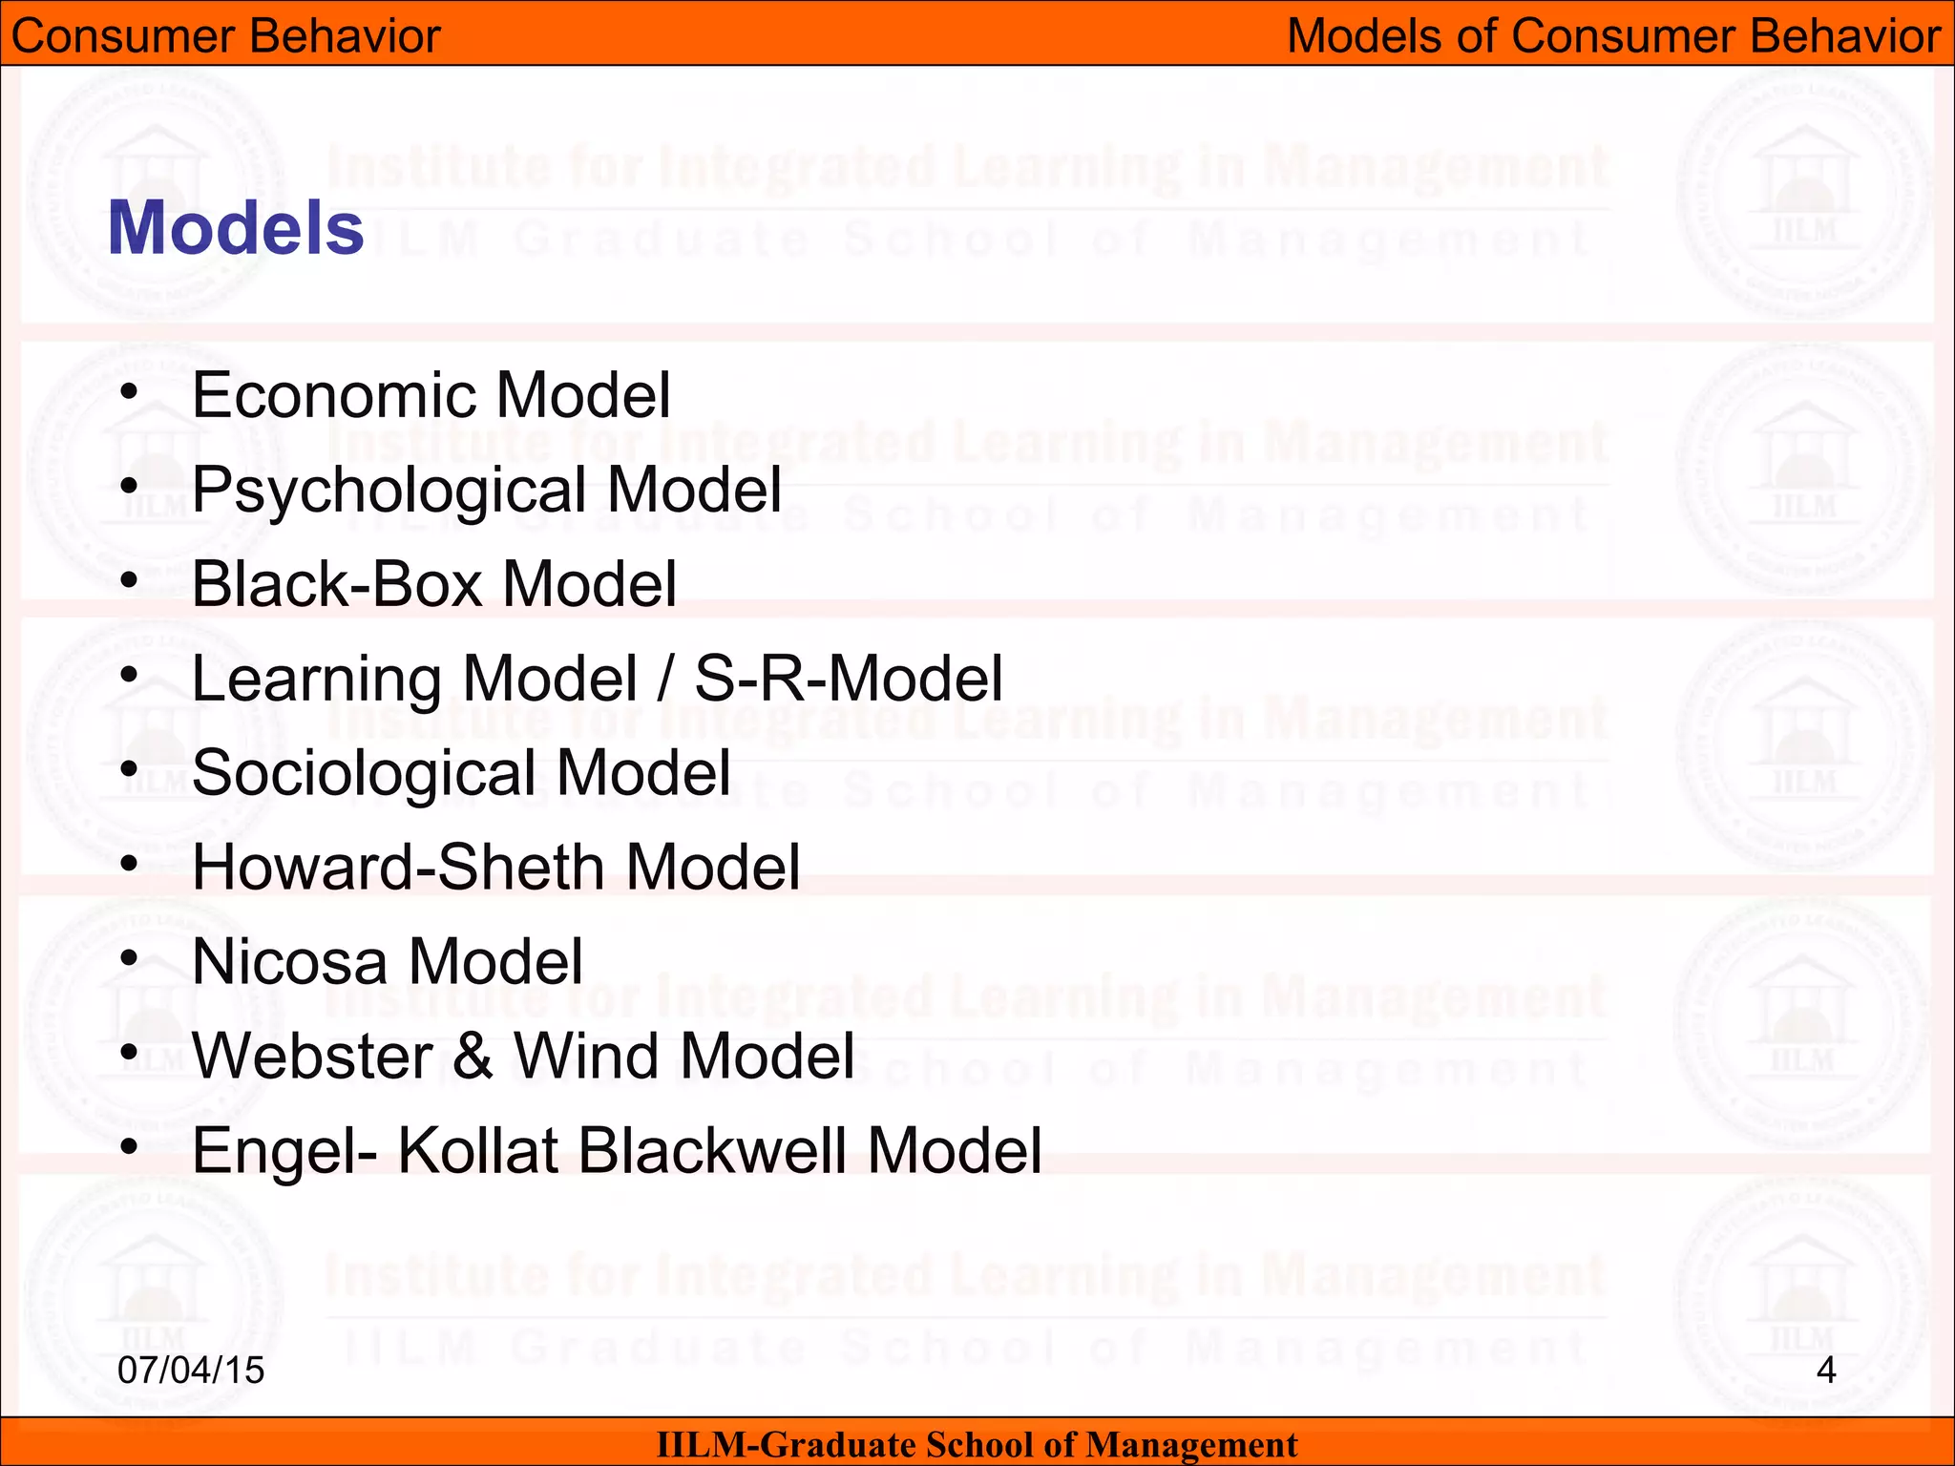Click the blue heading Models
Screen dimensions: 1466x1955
(236, 228)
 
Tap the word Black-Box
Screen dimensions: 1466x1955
(336, 583)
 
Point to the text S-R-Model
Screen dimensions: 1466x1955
(849, 679)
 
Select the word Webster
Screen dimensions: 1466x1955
(313, 1056)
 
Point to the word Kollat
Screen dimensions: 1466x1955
(477, 1150)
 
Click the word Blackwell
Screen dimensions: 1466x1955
(711, 1150)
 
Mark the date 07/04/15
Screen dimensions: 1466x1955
(191, 1370)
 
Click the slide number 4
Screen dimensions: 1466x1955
(1826, 1370)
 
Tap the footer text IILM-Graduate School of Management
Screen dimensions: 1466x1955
(977, 1444)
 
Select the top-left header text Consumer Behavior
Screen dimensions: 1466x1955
(226, 36)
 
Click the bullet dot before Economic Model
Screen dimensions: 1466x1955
(129, 391)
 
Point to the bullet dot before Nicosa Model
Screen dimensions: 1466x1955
(129, 957)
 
